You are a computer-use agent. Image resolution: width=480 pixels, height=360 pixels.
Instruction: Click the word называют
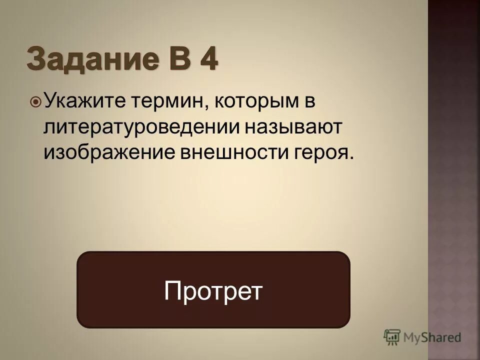tap(293, 127)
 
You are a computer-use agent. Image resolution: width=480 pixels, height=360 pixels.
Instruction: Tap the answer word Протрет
tap(213, 290)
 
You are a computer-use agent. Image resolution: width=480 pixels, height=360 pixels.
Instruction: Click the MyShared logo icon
tap(392, 337)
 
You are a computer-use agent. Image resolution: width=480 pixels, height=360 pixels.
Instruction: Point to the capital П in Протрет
tap(172, 290)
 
